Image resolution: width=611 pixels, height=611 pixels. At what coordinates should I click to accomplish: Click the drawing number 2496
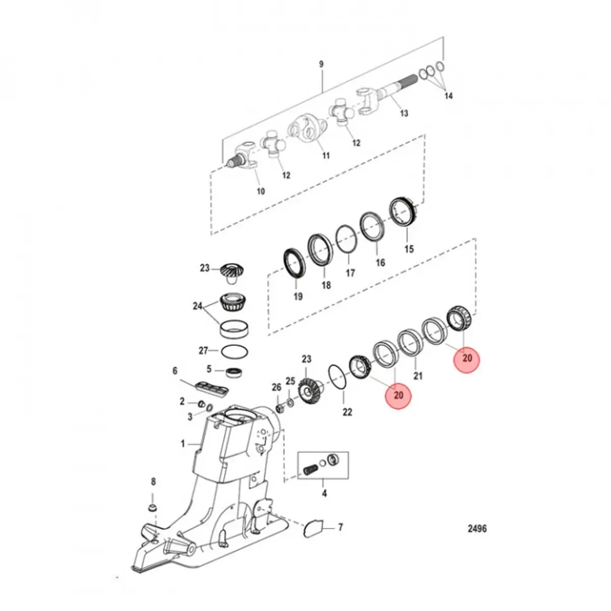pyautogui.click(x=477, y=529)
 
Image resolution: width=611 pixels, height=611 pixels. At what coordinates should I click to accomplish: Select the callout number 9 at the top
pyautogui.click(x=321, y=64)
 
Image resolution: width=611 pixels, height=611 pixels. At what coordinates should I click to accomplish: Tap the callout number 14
pyautogui.click(x=448, y=96)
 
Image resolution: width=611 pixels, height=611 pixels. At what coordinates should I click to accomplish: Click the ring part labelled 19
pyautogui.click(x=294, y=263)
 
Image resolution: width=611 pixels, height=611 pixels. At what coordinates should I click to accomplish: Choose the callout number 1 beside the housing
pyautogui.click(x=183, y=444)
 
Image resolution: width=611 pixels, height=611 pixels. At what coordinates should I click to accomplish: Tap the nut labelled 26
pyautogui.click(x=280, y=408)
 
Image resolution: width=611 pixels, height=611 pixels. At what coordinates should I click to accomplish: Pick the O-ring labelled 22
pyautogui.click(x=337, y=377)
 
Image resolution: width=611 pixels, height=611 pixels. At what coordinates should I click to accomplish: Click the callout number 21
pyautogui.click(x=418, y=376)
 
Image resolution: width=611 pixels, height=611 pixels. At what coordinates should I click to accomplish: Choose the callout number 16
pyautogui.click(x=380, y=263)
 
